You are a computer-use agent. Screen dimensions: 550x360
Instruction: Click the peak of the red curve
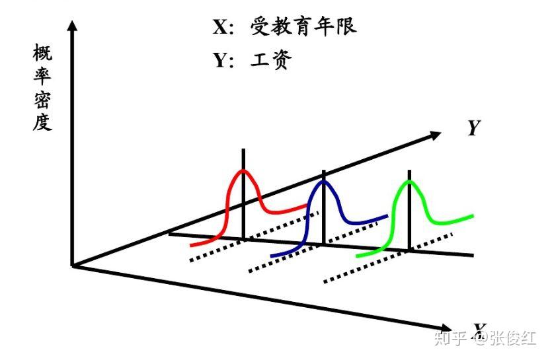(x=244, y=171)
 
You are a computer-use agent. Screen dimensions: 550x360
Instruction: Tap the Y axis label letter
(x=473, y=127)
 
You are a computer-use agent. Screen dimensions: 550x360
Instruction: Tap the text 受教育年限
(x=303, y=26)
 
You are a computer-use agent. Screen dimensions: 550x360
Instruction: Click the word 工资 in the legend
(x=271, y=60)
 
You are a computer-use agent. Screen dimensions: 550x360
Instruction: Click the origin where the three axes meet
(x=73, y=266)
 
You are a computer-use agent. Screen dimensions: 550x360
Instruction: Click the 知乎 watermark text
(x=450, y=338)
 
